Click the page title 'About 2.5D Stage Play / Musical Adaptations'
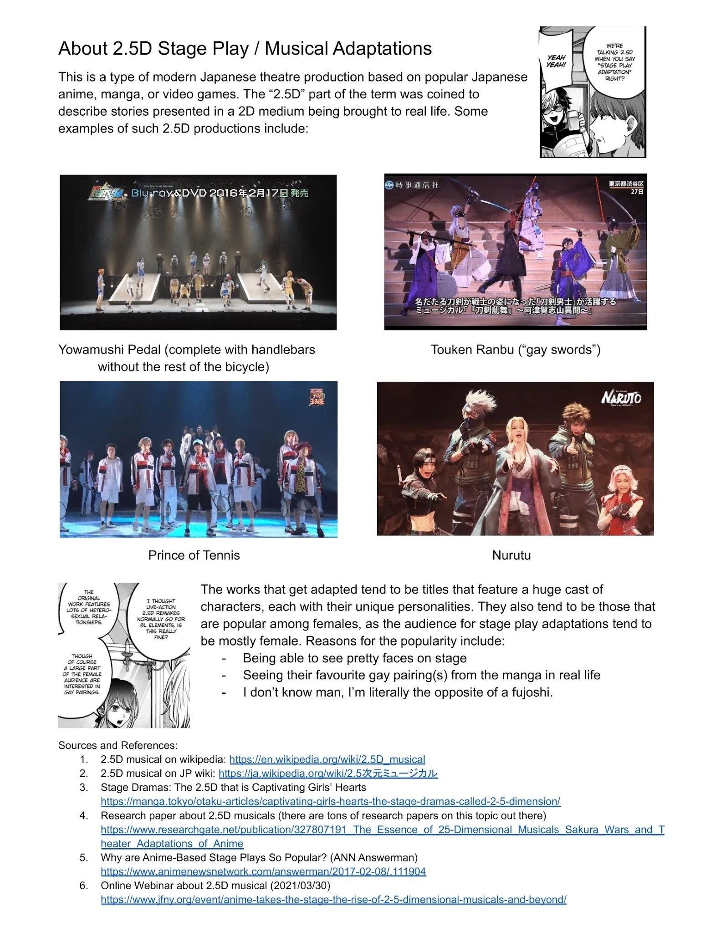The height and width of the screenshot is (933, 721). click(x=245, y=48)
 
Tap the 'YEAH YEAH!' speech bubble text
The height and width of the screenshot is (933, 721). click(x=556, y=61)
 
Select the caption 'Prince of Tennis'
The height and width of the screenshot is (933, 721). click(x=194, y=555)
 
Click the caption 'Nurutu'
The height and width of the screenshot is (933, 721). click(x=511, y=555)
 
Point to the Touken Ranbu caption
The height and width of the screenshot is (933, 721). click(x=515, y=349)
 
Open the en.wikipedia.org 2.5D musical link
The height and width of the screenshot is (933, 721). click(x=327, y=759)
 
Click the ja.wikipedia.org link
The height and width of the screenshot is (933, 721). click(x=328, y=773)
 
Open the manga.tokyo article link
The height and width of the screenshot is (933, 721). click(x=330, y=801)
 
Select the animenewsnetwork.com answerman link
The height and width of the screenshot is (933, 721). click(x=263, y=871)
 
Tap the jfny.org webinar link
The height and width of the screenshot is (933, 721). click(x=333, y=899)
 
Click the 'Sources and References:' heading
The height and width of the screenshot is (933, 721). click(x=118, y=745)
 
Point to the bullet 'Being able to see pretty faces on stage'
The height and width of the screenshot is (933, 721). click(x=354, y=658)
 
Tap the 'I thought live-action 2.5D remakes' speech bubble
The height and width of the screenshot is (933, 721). click(x=161, y=619)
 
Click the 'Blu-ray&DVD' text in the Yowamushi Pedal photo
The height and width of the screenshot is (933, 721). click(x=169, y=193)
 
